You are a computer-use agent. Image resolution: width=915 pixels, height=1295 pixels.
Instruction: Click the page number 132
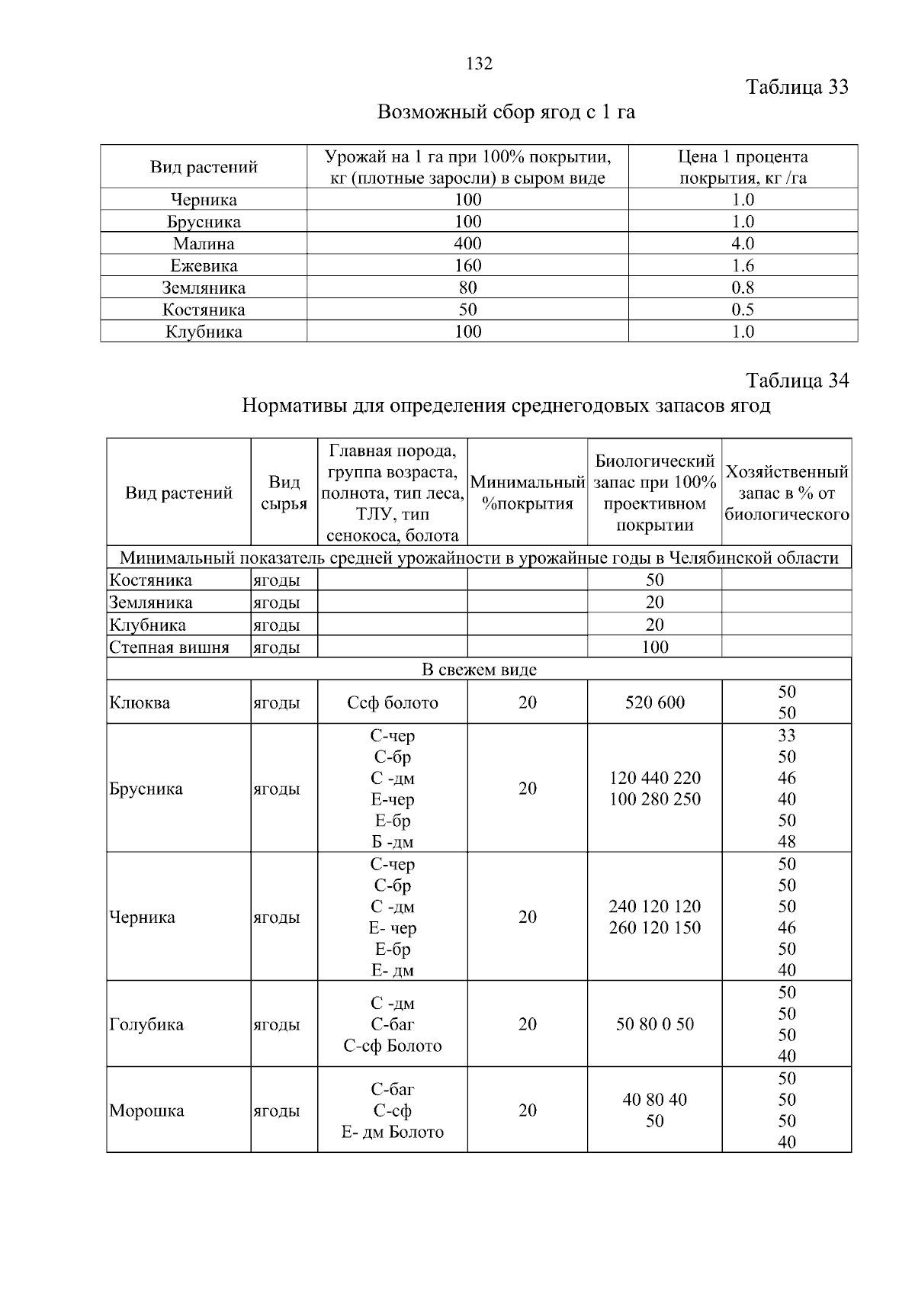pyautogui.click(x=480, y=63)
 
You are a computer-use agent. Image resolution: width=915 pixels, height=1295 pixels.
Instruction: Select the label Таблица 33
pyautogui.click(x=798, y=87)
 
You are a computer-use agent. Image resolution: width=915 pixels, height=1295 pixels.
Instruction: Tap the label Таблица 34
pyautogui.click(x=798, y=380)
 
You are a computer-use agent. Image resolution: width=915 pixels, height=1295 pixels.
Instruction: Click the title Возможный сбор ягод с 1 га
pyautogui.click(x=506, y=113)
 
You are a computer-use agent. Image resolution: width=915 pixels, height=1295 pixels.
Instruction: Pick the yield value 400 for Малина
pyautogui.click(x=467, y=243)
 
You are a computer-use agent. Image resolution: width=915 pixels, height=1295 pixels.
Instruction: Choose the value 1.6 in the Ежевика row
pyautogui.click(x=743, y=265)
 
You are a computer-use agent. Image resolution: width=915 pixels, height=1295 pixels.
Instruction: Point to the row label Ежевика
pyautogui.click(x=204, y=265)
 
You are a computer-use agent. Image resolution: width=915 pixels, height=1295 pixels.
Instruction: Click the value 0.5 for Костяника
pyautogui.click(x=743, y=310)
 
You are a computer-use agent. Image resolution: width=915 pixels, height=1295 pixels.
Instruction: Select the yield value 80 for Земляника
pyautogui.click(x=467, y=288)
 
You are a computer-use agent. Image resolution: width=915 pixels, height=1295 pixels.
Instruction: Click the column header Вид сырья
pyautogui.click(x=284, y=493)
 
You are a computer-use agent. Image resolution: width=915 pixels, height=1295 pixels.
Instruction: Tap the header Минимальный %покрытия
pyautogui.click(x=528, y=493)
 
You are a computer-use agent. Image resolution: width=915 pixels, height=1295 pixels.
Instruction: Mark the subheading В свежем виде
pyautogui.click(x=479, y=670)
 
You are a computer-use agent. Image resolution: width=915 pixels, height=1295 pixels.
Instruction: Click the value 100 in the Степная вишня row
pyautogui.click(x=655, y=647)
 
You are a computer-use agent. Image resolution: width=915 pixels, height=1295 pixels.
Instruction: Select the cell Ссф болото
pyautogui.click(x=393, y=702)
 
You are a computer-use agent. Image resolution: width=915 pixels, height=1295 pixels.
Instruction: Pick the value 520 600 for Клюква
pyautogui.click(x=655, y=702)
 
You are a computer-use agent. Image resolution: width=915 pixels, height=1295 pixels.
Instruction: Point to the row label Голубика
pyautogui.click(x=146, y=1024)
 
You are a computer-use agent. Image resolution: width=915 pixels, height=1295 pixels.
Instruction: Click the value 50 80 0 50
pyautogui.click(x=655, y=1024)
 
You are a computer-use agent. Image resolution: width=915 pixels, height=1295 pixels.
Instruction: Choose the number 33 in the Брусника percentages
pyautogui.click(x=787, y=735)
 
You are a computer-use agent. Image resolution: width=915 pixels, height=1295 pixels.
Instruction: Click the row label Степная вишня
pyautogui.click(x=169, y=647)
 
